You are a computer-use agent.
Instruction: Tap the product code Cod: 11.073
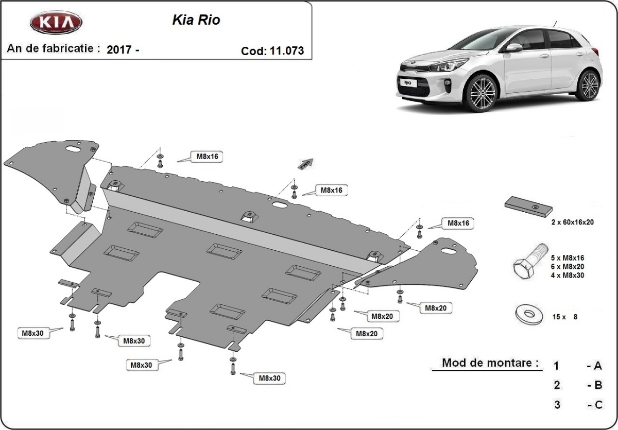[272, 51]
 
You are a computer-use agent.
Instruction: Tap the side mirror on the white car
[513, 47]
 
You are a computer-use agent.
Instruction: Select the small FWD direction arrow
[305, 163]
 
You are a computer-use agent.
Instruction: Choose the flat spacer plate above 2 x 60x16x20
[528, 206]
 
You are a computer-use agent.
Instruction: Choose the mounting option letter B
[597, 385]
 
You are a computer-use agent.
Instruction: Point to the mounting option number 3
[557, 405]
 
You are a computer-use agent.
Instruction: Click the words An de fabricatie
[53, 48]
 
